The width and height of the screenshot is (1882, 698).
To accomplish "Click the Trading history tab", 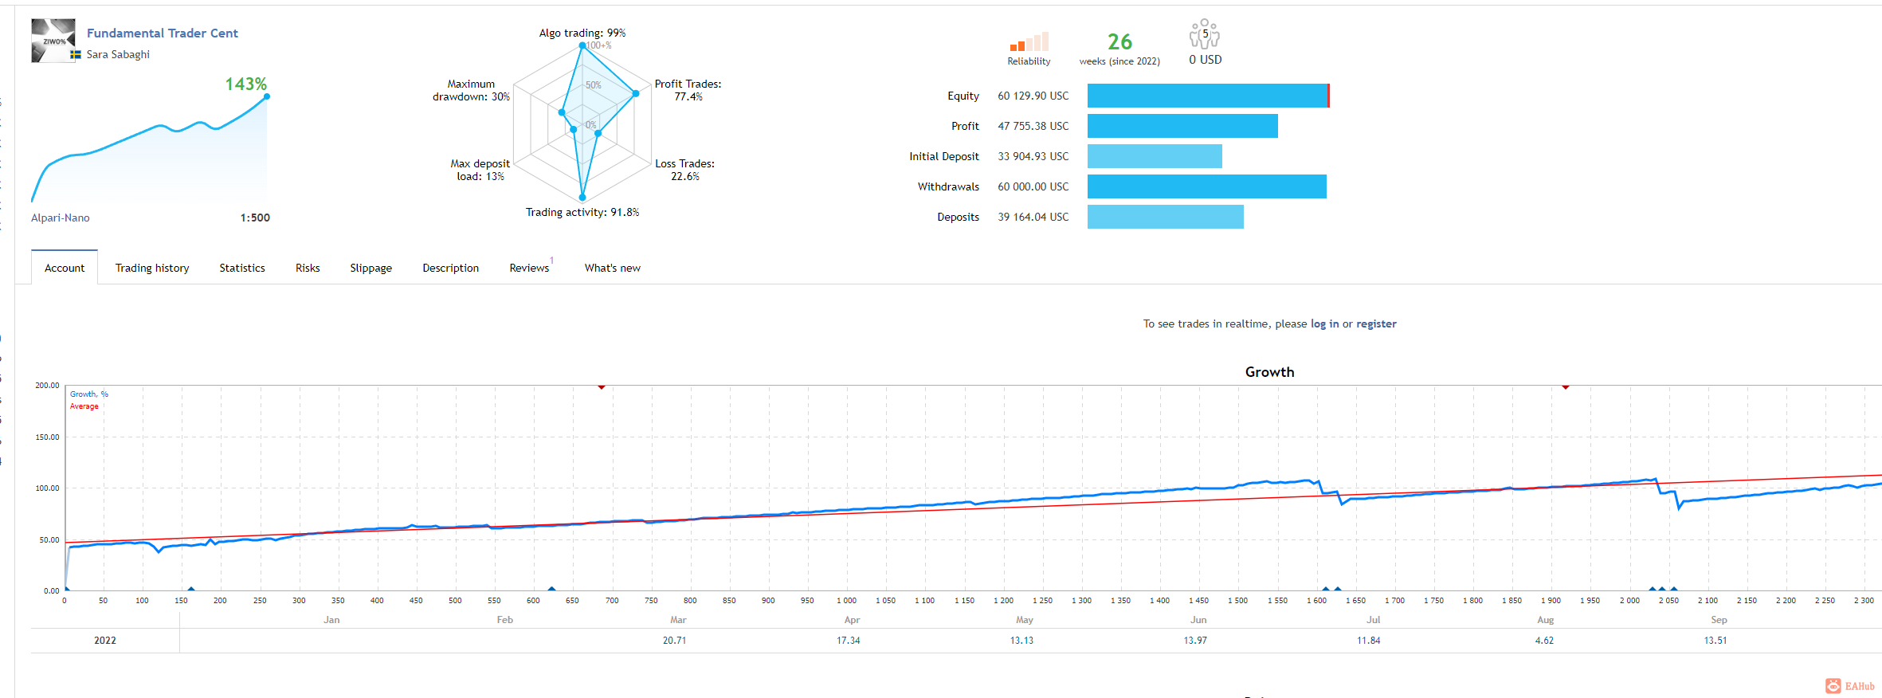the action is click(x=152, y=268).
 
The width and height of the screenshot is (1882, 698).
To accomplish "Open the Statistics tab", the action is click(x=242, y=268).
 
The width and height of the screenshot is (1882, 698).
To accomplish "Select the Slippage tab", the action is click(x=371, y=268).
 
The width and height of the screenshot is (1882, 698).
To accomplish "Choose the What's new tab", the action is click(x=613, y=268).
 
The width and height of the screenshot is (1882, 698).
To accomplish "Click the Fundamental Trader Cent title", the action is click(x=163, y=33).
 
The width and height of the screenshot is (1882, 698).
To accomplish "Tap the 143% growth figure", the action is click(x=245, y=84).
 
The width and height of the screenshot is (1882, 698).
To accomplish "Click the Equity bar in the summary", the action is click(x=1208, y=96).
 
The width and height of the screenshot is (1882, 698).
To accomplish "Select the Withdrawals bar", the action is click(x=1207, y=186).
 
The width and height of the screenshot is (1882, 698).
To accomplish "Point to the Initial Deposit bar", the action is click(x=1155, y=156).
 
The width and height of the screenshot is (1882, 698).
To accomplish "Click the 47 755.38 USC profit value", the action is click(x=1033, y=126).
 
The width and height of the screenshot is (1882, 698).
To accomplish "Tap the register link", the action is click(x=1376, y=324).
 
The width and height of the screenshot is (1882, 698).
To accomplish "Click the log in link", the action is click(x=1325, y=324).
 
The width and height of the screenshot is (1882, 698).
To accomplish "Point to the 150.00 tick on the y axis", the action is click(x=47, y=437).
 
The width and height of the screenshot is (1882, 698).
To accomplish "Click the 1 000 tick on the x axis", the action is click(x=846, y=600).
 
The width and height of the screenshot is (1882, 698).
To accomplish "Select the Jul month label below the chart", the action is click(x=1373, y=619).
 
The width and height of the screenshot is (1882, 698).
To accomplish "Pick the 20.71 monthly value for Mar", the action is click(x=674, y=640).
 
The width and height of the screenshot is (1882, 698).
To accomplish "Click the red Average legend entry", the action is click(x=84, y=406).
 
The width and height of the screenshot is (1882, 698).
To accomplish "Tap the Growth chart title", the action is click(x=1270, y=372).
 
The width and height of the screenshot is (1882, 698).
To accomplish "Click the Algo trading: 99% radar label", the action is click(x=582, y=33).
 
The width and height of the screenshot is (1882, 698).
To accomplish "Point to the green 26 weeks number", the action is click(x=1119, y=41).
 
